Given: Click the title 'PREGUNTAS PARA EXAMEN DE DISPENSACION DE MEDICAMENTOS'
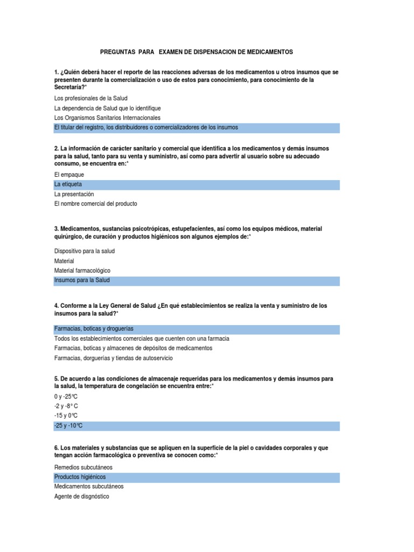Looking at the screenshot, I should point(197,52).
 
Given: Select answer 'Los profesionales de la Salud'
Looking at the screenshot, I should point(91,98).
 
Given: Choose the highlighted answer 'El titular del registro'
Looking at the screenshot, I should point(146,127).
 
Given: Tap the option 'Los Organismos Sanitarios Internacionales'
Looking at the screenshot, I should point(107,118).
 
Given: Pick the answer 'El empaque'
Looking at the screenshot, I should point(70,175).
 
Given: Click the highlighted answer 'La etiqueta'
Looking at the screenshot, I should point(68,184).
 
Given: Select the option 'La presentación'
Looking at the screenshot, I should point(74,194).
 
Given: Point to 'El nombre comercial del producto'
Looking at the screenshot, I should point(96,204).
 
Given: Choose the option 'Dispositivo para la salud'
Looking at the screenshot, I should point(85,251).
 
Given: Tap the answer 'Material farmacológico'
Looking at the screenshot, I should point(81,271).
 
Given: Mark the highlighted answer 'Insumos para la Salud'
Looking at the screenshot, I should point(82,280).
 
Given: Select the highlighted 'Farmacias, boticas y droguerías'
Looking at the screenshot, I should point(94,328).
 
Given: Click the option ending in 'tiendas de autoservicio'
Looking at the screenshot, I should point(114,357).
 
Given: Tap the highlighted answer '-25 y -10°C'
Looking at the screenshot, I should point(68,426).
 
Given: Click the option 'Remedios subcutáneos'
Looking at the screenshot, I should point(84,467).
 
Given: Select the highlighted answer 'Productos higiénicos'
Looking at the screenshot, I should point(80,477).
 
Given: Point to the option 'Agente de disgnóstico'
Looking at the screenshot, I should point(81,496).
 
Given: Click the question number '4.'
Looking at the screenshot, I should point(57,306).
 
